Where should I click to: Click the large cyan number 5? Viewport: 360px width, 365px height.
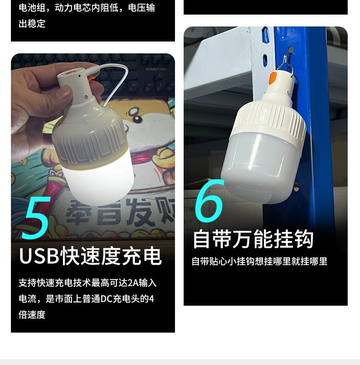click(36, 218)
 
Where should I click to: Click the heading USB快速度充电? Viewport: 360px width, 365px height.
click(90, 256)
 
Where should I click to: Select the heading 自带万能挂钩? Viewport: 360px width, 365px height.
click(253, 240)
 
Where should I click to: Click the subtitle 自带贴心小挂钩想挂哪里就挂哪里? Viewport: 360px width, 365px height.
click(259, 261)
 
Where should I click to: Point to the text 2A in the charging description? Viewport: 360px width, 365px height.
click(133, 283)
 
